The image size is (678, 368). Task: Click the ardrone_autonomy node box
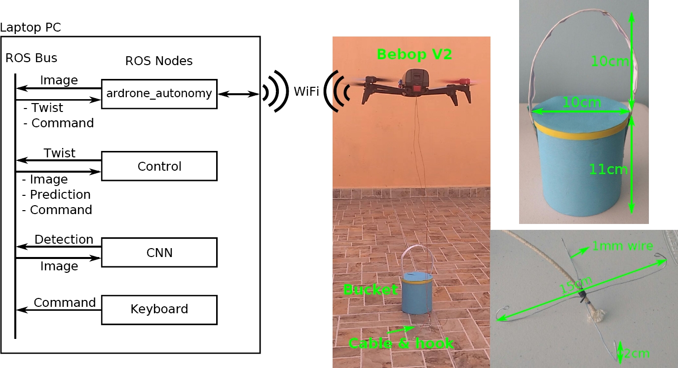[x=159, y=94]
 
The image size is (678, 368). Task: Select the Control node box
[x=159, y=166]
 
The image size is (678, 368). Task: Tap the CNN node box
[x=159, y=253]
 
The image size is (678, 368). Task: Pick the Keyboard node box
[x=159, y=309]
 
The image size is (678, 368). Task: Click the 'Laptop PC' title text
[x=31, y=28]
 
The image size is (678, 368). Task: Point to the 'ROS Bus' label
[x=31, y=58]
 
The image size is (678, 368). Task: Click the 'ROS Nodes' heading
[x=158, y=61]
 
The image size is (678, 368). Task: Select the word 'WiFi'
[x=306, y=92]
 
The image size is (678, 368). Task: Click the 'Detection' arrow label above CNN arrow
[x=64, y=240]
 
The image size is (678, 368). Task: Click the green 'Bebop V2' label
[x=414, y=54]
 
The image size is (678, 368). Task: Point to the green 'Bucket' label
[x=370, y=290]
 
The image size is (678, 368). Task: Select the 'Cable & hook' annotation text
[x=401, y=343]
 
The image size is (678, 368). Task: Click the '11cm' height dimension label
[x=608, y=170]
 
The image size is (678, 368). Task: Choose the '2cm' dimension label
[x=637, y=354]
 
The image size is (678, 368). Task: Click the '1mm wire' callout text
[x=622, y=246]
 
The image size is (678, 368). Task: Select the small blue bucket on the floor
[x=416, y=294]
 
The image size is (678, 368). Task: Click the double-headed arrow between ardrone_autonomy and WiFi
[x=238, y=94]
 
